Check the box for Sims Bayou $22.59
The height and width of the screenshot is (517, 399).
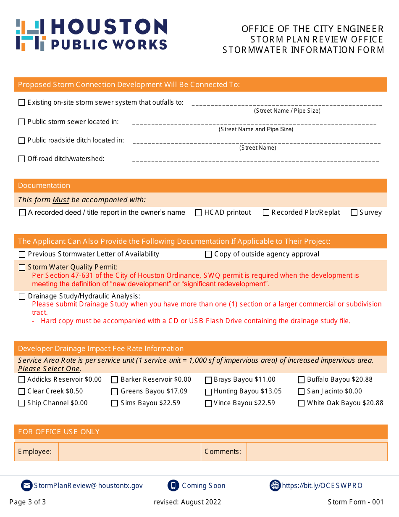pos(115,404)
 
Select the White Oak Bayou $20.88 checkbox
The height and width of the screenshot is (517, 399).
pos(301,404)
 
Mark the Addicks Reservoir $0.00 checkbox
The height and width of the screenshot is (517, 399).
pos(22,380)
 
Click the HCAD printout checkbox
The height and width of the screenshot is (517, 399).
pos(198,213)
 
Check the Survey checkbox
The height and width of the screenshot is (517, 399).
pos(354,213)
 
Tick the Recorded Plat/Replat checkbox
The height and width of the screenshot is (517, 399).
pos(266,213)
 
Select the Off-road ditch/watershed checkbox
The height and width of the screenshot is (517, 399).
pos(22,159)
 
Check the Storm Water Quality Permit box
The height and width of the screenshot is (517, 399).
pos(22,268)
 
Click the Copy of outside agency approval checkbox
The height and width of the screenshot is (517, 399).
pos(208,254)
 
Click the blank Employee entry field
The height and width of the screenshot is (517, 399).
pos(129,451)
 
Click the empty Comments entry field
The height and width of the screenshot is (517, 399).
pos(317,451)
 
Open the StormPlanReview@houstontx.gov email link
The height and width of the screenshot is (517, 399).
pos(88,486)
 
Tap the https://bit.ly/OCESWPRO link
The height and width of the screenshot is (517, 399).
pos(322,486)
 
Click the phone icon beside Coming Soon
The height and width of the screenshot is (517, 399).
pos(173,485)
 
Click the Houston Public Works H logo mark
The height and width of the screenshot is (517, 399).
pos(30,34)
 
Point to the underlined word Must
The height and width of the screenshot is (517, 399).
pos(61,200)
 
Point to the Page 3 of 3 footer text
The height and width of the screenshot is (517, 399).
pos(28,502)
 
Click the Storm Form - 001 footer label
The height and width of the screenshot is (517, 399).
pos(356,502)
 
